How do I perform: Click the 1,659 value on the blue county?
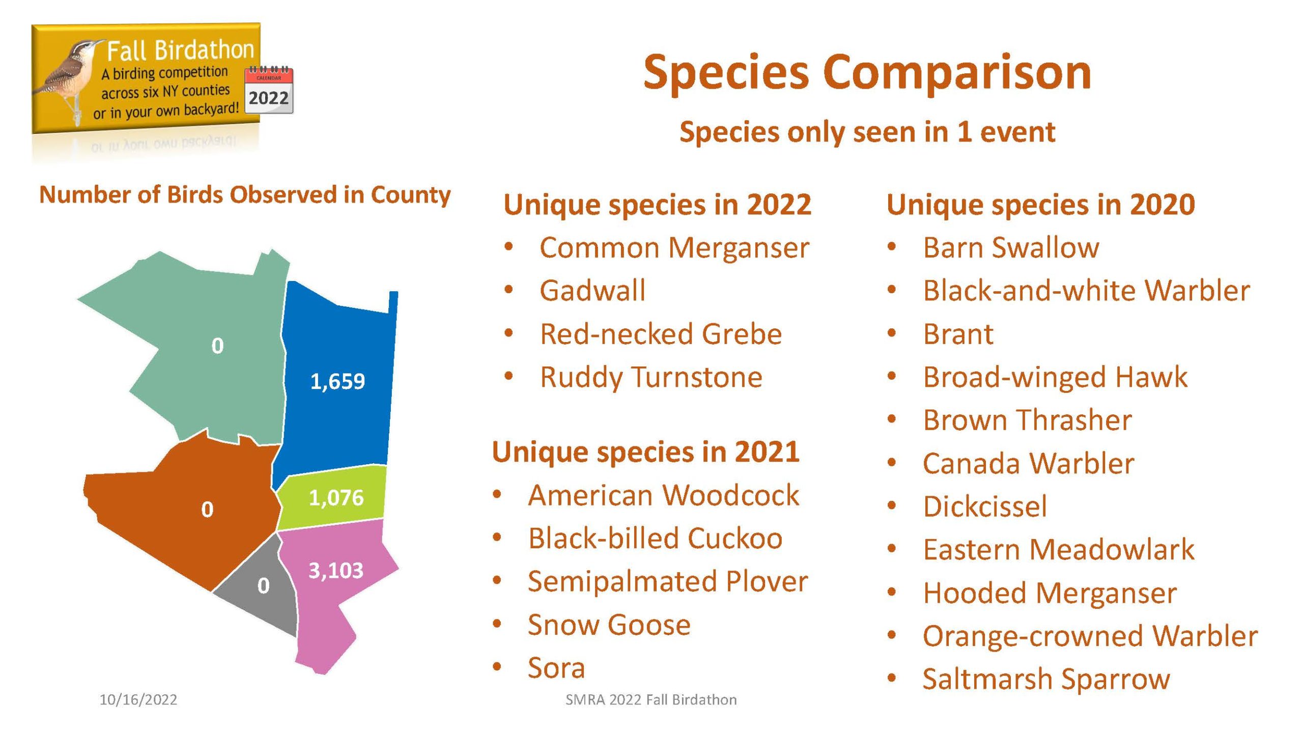[x=337, y=381]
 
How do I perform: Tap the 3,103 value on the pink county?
[x=336, y=571]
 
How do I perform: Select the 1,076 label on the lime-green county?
[x=336, y=498]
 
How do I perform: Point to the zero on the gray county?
[x=263, y=585]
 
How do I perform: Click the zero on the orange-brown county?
[x=207, y=510]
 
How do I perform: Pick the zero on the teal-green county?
[x=217, y=346]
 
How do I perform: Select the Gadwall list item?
[x=592, y=291]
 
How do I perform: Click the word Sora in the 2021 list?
[x=556, y=668]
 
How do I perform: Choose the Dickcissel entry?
[x=985, y=506]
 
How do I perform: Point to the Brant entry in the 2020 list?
[x=958, y=334]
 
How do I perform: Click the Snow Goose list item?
[x=609, y=625]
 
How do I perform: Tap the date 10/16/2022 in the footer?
[x=138, y=700]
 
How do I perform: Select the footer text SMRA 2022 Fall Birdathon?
[x=651, y=700]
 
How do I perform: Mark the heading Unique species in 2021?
[x=646, y=452]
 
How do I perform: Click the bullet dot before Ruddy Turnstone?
[x=508, y=377]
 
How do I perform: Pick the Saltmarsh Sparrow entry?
[x=1046, y=680]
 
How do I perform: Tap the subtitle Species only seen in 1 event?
[x=867, y=132]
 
